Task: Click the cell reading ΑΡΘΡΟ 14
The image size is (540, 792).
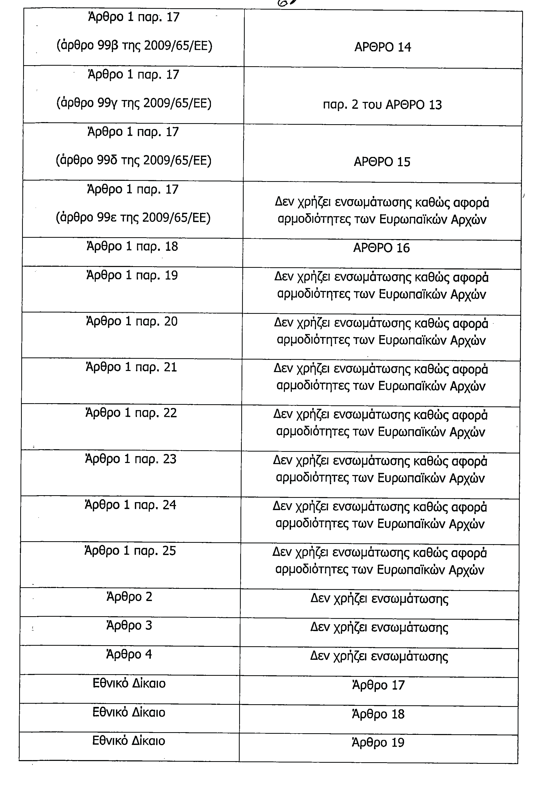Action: [x=383, y=47]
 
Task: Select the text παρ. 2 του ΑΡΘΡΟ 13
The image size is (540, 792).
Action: [x=382, y=105]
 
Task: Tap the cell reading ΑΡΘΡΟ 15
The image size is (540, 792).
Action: [x=382, y=162]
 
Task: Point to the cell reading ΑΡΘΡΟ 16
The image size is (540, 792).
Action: [x=381, y=248]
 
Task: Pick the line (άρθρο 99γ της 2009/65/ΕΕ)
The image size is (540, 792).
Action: [x=134, y=103]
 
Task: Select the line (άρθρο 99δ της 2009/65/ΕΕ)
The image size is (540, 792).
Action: [x=133, y=160]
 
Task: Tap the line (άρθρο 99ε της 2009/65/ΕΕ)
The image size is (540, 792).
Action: [x=133, y=218]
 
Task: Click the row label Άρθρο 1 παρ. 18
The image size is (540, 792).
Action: [x=132, y=246]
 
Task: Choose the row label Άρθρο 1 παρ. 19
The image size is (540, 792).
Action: [x=132, y=275]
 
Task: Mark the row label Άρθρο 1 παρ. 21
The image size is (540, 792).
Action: [x=131, y=367]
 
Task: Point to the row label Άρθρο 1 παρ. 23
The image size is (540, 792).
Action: [x=131, y=459]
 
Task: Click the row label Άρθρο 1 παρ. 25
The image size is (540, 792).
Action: [x=130, y=551]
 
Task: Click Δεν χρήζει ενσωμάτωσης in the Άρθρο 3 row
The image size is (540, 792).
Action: [x=379, y=627]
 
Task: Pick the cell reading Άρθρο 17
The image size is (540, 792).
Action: [x=379, y=685]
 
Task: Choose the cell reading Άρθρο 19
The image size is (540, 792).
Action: [x=378, y=742]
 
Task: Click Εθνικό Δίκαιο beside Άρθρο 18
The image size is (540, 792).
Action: [x=129, y=712]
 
